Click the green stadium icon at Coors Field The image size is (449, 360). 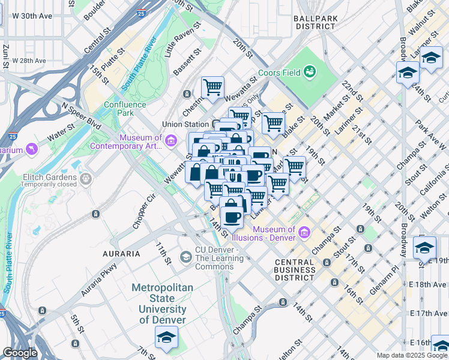[310, 73]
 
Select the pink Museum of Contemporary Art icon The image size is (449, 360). [171, 142]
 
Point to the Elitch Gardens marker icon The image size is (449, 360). [86, 178]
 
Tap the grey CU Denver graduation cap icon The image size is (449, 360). [186, 257]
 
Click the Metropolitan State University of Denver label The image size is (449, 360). [163, 304]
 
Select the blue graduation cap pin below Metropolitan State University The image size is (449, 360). [167, 337]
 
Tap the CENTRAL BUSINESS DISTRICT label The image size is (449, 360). [294, 270]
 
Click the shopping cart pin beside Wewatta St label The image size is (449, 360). [212, 87]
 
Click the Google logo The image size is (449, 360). [20, 353]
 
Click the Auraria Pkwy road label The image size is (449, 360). [100, 281]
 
